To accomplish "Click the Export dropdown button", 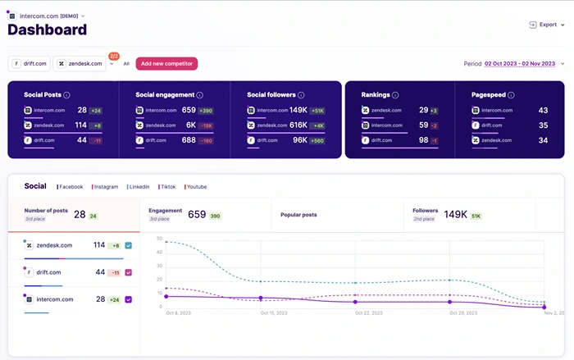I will pyautogui.click(x=546, y=25).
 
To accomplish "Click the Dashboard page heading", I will pyautogui.click(x=47, y=30).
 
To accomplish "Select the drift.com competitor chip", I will pyautogui.click(x=30, y=63).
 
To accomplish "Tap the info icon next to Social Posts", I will pyautogui.click(x=66, y=95).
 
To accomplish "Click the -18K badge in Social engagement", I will pyautogui.click(x=205, y=125).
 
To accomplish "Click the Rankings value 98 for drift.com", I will pyautogui.click(x=424, y=140).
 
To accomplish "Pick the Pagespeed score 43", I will pyautogui.click(x=543, y=110).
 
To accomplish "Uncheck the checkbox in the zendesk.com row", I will pyautogui.click(x=129, y=245).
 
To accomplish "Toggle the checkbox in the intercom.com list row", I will pyautogui.click(x=129, y=300).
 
